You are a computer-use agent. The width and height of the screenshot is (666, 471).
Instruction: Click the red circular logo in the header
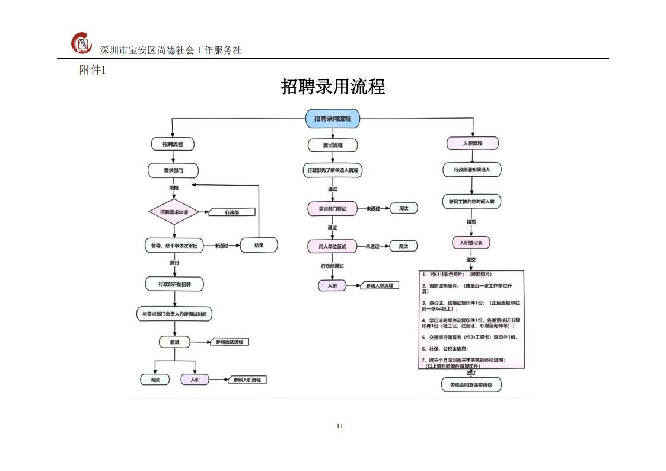pyautogui.click(x=82, y=43)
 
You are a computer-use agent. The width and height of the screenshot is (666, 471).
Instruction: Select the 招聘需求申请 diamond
pyautogui.click(x=174, y=212)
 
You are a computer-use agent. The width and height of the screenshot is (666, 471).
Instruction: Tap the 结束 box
pyautogui.click(x=259, y=245)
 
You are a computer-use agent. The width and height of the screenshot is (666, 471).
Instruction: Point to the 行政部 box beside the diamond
pyautogui.click(x=232, y=212)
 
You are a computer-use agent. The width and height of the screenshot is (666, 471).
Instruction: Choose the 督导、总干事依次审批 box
pyautogui.click(x=174, y=245)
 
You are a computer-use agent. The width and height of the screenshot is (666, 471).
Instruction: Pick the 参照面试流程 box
pyautogui.click(x=229, y=342)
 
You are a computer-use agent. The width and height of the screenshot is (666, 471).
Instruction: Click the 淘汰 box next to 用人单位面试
pyautogui.click(x=403, y=246)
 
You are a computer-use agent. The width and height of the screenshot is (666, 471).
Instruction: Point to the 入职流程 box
pyautogui.click(x=472, y=144)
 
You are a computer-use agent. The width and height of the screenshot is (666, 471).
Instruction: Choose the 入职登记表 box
pyautogui.click(x=471, y=243)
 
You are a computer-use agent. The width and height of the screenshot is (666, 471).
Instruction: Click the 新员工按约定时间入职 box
pyautogui.click(x=472, y=202)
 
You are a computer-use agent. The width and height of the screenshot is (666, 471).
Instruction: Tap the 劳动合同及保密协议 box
pyautogui.click(x=471, y=385)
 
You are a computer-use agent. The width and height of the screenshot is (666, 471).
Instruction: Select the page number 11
pyautogui.click(x=340, y=425)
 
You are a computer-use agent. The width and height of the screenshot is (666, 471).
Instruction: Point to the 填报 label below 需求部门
pyautogui.click(x=174, y=187)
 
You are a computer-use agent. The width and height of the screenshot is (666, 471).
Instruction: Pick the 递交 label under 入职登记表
pyautogui.click(x=471, y=259)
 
